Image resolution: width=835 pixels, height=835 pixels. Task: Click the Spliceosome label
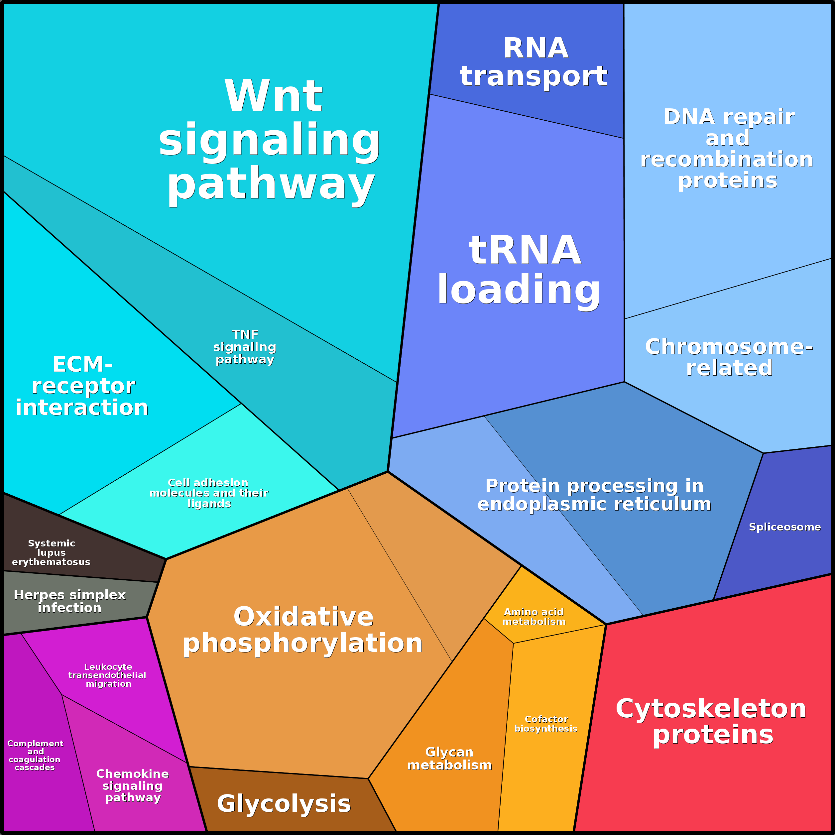pyautogui.click(x=784, y=527)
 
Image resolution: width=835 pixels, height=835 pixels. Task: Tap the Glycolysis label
pyautogui.click(x=284, y=803)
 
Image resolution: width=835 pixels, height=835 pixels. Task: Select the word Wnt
pyautogui.click(x=273, y=96)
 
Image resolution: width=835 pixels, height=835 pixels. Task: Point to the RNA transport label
pyautogui.click(x=534, y=62)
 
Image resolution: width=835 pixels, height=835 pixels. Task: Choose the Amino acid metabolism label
pyautogui.click(x=534, y=617)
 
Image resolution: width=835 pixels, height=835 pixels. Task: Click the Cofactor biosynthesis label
pyautogui.click(x=546, y=724)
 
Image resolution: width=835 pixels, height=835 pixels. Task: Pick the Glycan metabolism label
pyautogui.click(x=449, y=759)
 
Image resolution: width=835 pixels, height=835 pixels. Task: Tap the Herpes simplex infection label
pyautogui.click(x=69, y=601)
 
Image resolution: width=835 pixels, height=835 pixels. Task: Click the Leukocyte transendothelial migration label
pyautogui.click(x=108, y=675)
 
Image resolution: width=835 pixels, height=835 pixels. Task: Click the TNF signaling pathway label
pyautogui.click(x=245, y=347)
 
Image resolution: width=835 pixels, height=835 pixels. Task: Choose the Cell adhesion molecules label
pyautogui.click(x=209, y=493)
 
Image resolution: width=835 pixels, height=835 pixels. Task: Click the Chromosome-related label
pyautogui.click(x=729, y=357)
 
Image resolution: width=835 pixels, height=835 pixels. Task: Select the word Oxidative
pyautogui.click(x=303, y=617)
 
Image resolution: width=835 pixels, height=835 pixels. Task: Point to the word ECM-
pyautogui.click(x=82, y=364)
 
